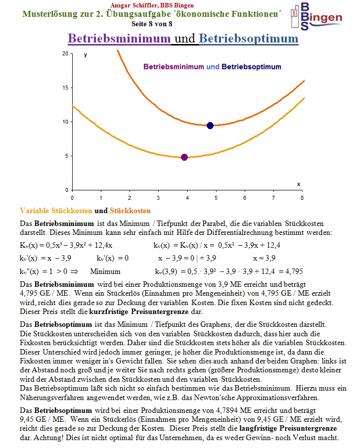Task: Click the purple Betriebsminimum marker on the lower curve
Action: click(184, 157)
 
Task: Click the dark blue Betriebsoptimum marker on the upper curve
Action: click(210, 126)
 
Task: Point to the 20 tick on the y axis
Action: click(65, 53)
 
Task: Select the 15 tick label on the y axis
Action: click(65, 88)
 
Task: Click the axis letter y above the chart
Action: click(86, 55)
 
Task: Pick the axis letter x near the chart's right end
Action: click(298, 184)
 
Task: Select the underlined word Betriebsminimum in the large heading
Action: click(119, 39)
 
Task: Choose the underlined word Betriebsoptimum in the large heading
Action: click(249, 39)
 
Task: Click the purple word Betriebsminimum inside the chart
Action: click(174, 67)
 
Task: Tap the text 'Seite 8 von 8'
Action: click(152, 23)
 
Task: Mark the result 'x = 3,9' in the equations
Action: click(264, 258)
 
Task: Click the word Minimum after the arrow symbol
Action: click(105, 271)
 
